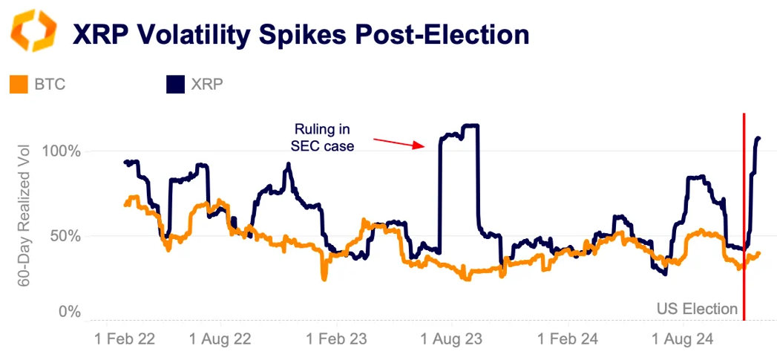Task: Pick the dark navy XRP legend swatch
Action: (174, 84)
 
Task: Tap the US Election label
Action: (698, 309)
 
